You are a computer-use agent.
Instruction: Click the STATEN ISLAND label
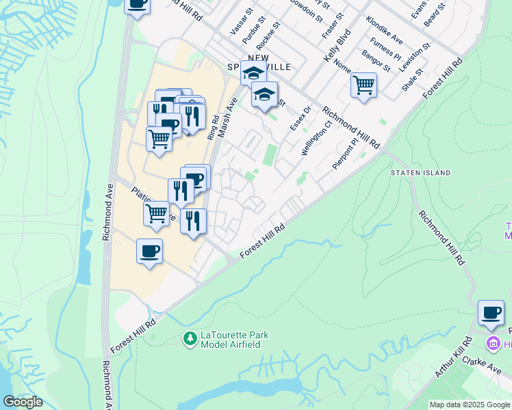(421, 174)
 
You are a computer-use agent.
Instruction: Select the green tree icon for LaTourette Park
(190, 338)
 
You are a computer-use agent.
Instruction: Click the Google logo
(23, 402)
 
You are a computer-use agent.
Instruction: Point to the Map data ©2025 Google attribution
(470, 405)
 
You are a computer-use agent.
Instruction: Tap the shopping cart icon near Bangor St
(363, 86)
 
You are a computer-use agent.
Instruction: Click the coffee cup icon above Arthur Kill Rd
(491, 313)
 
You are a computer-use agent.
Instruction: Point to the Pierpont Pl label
(344, 154)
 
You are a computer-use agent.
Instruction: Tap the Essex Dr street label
(300, 118)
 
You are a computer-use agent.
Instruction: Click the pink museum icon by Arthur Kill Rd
(491, 342)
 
